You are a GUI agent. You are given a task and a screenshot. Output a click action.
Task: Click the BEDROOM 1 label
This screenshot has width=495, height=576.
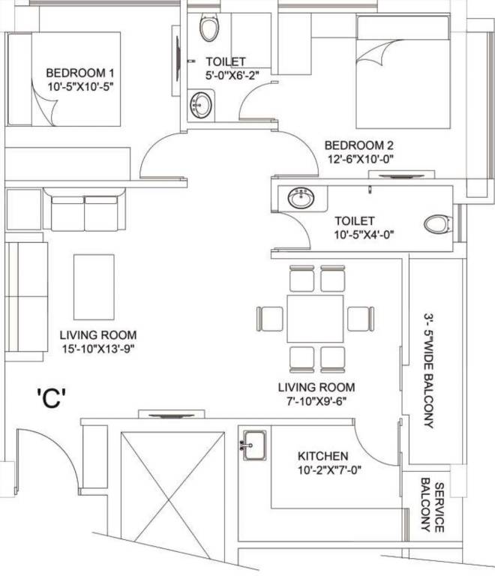(79, 73)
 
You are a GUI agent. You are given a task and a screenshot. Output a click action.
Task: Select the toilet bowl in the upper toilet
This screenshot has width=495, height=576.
(209, 28)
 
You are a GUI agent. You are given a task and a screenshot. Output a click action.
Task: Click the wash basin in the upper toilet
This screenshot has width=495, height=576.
(201, 103)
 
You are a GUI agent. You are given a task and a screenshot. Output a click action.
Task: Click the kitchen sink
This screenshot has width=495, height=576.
(252, 445)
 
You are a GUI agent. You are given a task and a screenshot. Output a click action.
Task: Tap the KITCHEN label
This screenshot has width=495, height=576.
(322, 456)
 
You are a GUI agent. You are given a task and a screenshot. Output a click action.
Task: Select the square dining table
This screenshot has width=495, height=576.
(315, 318)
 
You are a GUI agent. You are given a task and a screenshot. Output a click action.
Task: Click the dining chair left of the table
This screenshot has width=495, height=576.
(268, 318)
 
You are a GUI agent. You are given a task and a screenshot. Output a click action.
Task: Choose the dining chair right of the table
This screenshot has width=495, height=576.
(361, 318)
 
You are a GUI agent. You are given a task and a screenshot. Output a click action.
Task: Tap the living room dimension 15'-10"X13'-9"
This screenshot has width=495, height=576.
(99, 348)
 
